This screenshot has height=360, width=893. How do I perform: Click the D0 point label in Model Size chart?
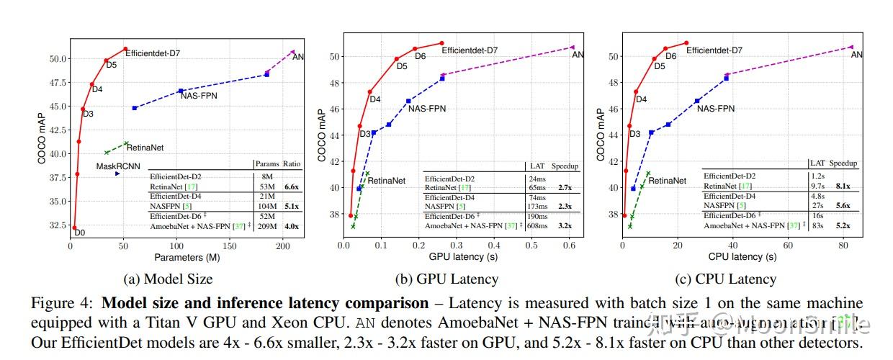click(x=80, y=233)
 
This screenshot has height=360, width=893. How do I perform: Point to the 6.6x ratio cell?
click(x=291, y=186)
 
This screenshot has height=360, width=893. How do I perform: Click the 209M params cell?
click(x=266, y=226)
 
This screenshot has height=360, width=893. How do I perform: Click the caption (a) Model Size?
click(x=168, y=279)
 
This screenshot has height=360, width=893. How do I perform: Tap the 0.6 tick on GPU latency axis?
click(x=569, y=246)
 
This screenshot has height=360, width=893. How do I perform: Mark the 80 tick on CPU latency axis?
click(x=843, y=246)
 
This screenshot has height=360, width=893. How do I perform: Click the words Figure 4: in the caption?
click(x=57, y=303)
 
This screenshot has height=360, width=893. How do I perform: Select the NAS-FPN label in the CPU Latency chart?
click(x=715, y=109)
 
